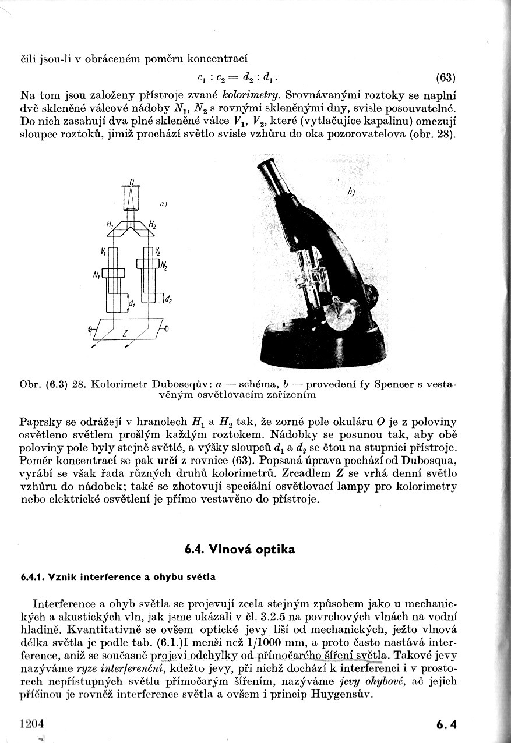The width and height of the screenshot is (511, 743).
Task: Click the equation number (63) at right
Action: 445,78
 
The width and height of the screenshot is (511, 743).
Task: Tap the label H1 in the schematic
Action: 110,224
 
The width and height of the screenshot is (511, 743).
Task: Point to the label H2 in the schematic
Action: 152,224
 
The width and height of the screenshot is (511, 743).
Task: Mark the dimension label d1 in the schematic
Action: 132,303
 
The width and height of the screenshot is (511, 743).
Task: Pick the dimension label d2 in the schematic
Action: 168,299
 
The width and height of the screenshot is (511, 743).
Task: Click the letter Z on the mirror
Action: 125,333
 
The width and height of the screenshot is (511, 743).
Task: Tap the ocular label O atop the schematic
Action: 132,183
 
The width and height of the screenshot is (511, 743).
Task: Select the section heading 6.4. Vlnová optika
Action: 239,549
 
